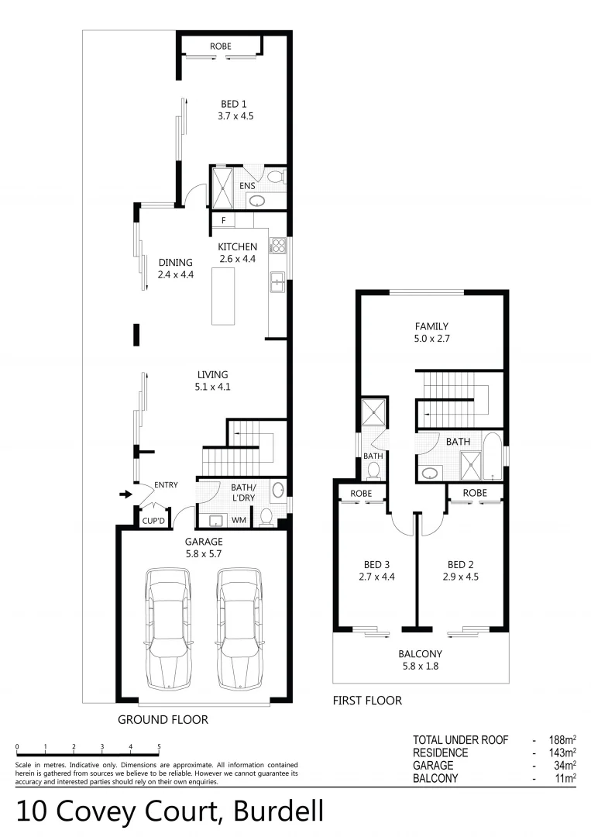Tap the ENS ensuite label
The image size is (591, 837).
click(247, 186)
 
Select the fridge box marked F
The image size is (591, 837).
click(223, 221)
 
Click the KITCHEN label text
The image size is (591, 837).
click(237, 247)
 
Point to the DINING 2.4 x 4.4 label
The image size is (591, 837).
click(175, 268)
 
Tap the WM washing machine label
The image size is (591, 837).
click(239, 519)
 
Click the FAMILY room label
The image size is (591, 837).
click(431, 326)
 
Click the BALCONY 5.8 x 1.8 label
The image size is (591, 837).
click(421, 653)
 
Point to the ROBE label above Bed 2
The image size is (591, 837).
click(475, 493)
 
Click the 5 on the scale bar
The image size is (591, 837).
click(159, 746)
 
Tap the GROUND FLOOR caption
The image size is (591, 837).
click(163, 719)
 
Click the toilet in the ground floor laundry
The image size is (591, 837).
click(266, 518)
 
